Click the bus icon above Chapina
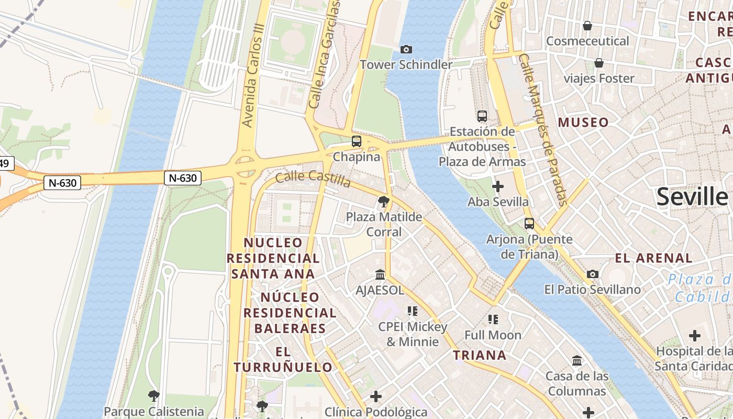point(357,141)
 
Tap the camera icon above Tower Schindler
point(406,49)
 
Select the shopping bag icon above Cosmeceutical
point(587,26)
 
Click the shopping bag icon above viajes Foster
point(599,63)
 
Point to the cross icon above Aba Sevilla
point(498,186)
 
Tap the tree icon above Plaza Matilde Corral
point(384,201)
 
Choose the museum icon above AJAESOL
point(380,274)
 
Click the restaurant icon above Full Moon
point(493,319)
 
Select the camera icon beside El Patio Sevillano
point(593,274)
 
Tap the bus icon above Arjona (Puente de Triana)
point(529,224)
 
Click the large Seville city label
point(692,197)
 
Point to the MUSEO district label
point(583,123)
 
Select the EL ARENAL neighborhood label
point(653,258)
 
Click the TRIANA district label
point(480,355)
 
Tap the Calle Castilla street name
point(313,179)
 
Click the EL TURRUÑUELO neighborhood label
point(283,359)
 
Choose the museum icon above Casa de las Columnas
point(577,360)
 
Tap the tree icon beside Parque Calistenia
point(153,395)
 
